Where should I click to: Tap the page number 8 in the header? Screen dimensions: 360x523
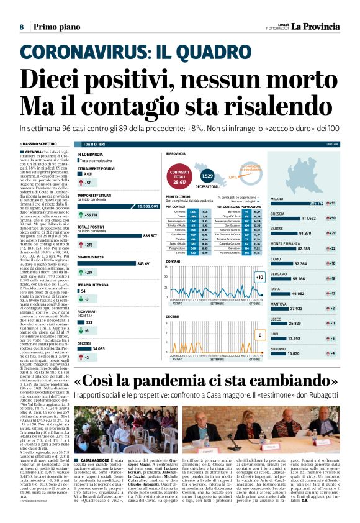coord(21,27)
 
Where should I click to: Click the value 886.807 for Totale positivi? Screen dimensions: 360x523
coord(150,236)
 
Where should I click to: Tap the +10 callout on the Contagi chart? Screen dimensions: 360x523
coord(259,277)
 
